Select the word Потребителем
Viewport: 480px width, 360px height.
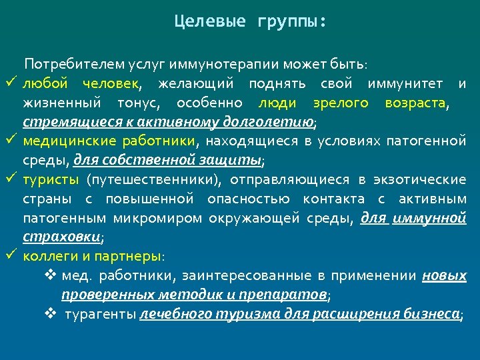pyautogui.click(x=63, y=64)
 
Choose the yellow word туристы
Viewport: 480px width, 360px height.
pyautogui.click(x=51, y=179)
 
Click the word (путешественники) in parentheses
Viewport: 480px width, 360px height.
pyautogui.click(x=153, y=179)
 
